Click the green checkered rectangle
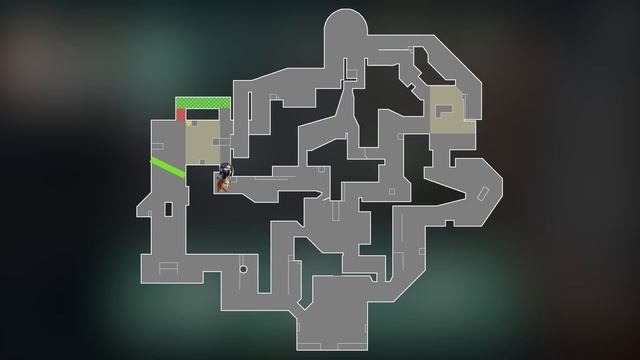pos(203,103)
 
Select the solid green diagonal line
pos(168,167)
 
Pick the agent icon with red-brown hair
pos(224,183)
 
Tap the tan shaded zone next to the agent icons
pos(203,141)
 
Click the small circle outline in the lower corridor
pos(242,269)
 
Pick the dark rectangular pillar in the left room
pos(168,209)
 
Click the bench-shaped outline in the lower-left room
pos(168,266)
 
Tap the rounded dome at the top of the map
pos(346,25)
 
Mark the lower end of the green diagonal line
pos(184,174)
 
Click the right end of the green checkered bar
pos(228,103)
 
